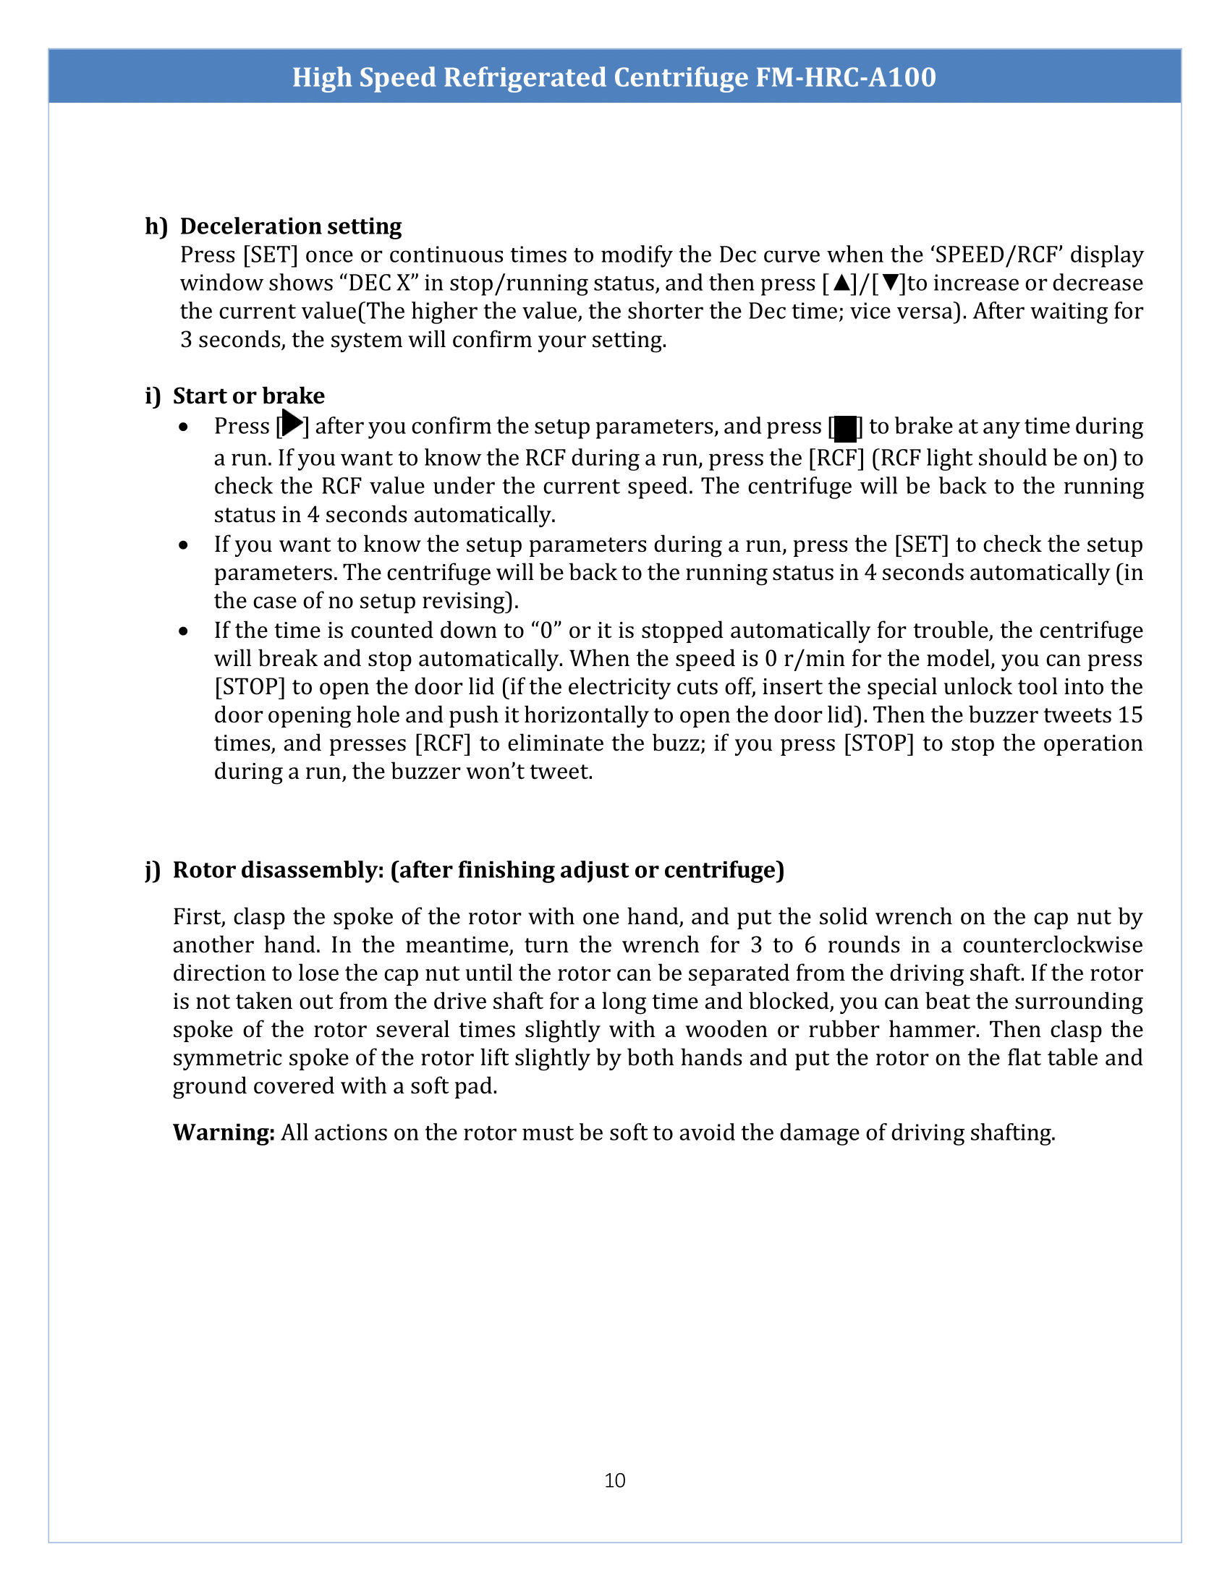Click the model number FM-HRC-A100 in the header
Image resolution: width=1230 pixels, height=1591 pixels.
point(845,77)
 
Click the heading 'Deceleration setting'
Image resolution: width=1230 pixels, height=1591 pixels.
point(291,226)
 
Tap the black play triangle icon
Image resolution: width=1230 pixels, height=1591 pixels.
point(292,423)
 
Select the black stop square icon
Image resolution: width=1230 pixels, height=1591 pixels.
point(845,428)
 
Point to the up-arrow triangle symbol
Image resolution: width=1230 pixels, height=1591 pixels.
point(841,283)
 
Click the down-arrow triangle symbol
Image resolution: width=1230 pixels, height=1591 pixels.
point(889,283)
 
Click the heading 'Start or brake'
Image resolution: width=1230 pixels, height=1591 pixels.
point(248,396)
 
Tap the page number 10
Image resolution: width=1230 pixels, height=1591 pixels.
point(614,1480)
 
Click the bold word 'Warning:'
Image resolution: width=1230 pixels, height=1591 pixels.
point(224,1133)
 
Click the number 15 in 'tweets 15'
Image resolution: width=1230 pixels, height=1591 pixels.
point(1129,715)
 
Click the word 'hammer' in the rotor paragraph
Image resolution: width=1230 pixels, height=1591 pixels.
point(934,1029)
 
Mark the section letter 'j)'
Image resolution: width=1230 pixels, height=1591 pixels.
point(152,870)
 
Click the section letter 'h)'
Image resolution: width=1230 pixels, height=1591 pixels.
point(156,226)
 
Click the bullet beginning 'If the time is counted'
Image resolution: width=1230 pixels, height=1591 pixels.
point(184,631)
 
